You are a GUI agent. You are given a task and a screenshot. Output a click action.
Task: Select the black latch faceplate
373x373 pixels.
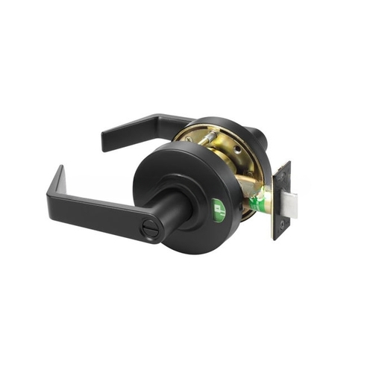281,201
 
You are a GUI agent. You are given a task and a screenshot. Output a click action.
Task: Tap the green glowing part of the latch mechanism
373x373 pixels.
259,200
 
